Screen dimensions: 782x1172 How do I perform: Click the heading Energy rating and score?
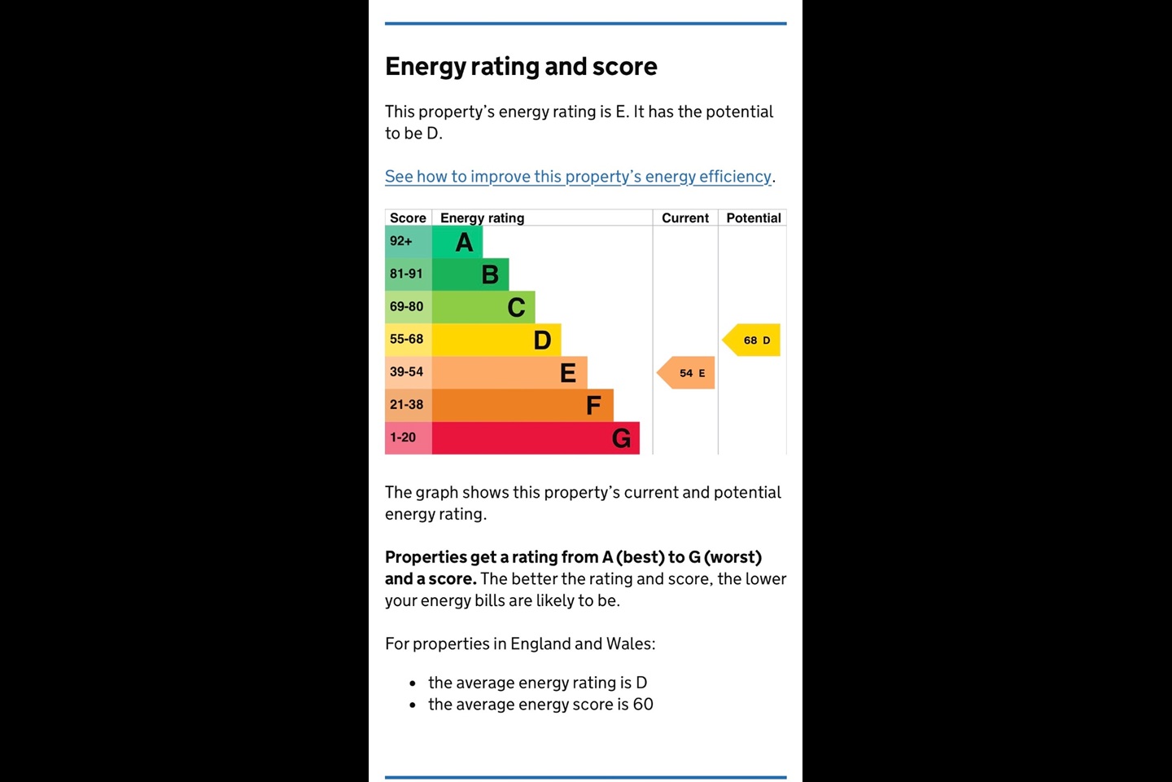pos(521,67)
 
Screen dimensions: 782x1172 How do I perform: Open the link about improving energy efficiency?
pos(578,177)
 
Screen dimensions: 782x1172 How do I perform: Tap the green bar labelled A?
pos(457,242)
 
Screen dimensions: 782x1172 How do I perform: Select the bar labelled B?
pos(470,275)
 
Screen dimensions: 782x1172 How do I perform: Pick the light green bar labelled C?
pos(483,307)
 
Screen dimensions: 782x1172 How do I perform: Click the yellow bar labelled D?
pos(496,340)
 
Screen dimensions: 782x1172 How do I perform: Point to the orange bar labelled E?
pos(509,372)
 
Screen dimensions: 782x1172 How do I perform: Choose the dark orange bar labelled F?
pos(523,405)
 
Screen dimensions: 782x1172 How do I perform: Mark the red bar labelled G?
pos(536,438)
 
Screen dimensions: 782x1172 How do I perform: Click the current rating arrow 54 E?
pos(687,373)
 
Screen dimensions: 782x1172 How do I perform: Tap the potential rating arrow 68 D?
pos(753,340)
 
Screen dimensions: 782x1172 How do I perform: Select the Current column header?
pos(685,218)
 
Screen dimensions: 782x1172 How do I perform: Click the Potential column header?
pos(754,218)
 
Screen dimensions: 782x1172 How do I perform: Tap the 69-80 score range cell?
pos(407,307)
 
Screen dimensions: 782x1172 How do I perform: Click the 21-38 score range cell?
pos(407,405)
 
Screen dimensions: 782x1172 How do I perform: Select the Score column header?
pos(408,218)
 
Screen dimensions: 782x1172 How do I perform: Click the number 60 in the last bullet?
pos(643,705)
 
